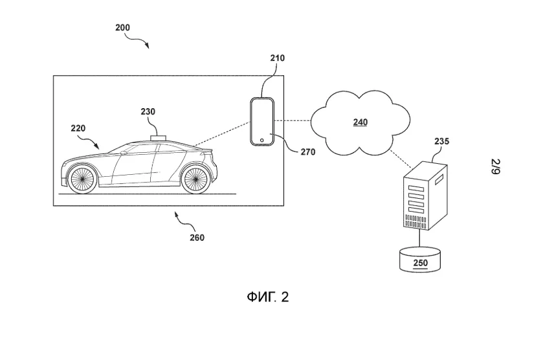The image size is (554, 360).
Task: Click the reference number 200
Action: tap(122, 28)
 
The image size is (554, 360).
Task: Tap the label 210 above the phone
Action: tap(278, 58)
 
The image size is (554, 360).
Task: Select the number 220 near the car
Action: tap(78, 128)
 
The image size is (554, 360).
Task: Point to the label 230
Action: tap(148, 111)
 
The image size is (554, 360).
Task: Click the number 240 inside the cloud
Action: tap(360, 122)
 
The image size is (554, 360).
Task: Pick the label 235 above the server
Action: tap(442, 141)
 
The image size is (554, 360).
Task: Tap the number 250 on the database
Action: tap(420, 264)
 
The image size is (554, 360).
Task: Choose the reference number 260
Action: tap(197, 238)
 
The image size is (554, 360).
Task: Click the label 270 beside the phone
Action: tap(308, 153)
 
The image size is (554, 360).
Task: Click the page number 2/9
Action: tap(495, 167)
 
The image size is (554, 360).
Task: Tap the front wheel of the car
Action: tap(83, 179)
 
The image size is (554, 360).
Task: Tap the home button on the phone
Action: tap(261, 139)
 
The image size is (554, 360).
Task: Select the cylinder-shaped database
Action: tap(420, 259)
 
